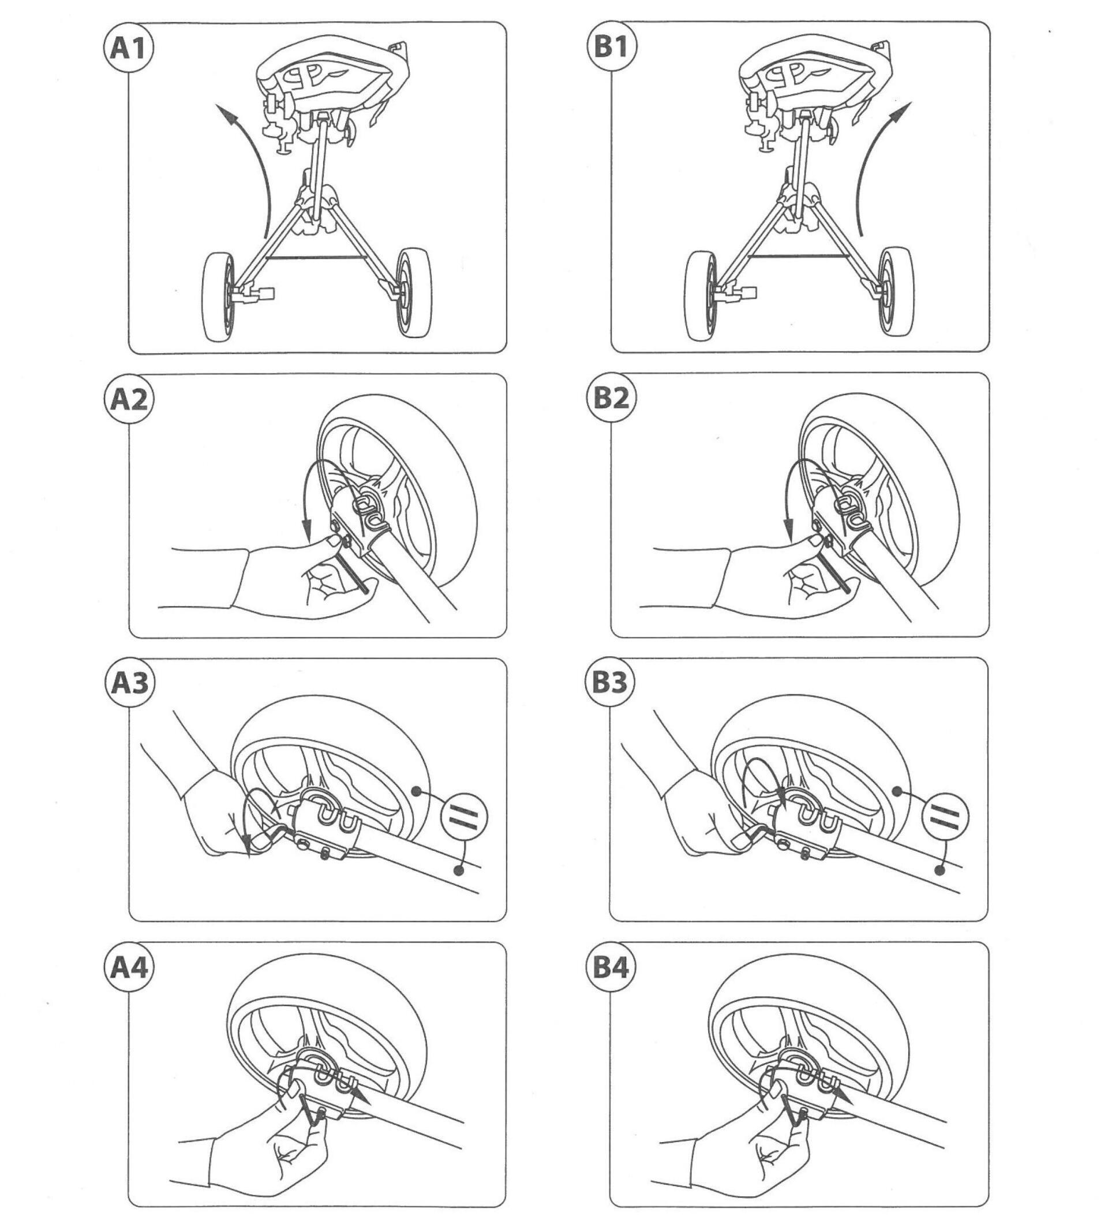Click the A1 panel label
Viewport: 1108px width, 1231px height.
point(128,48)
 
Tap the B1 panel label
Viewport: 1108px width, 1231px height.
point(611,47)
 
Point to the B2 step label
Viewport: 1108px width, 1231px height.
point(611,398)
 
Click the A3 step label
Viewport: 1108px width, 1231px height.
point(130,683)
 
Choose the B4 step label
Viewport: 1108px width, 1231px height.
point(610,967)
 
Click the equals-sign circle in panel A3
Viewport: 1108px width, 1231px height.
point(464,817)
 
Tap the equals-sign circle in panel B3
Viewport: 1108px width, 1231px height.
point(945,816)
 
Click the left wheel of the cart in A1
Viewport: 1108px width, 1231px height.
point(218,297)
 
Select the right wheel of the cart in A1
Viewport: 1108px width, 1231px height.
point(414,292)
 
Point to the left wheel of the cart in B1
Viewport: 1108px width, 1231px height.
point(701,297)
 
